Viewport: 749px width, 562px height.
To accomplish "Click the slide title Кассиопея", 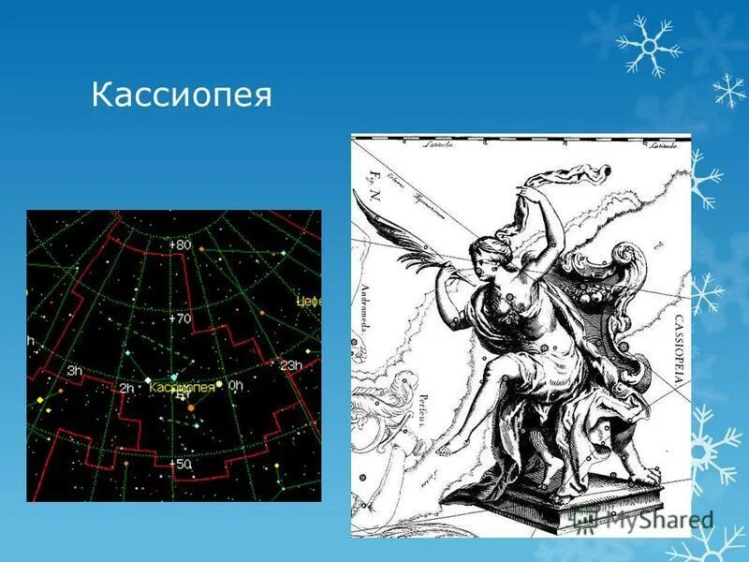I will click(182, 96).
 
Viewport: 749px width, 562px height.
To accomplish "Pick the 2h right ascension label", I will click(125, 387).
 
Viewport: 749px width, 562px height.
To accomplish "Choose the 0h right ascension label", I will click(234, 385).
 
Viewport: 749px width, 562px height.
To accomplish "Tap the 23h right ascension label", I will click(291, 365).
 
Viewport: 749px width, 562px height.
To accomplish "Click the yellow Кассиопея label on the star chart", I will click(182, 386).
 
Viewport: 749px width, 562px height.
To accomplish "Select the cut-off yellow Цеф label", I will click(308, 302).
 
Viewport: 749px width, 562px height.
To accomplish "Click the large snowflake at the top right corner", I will click(649, 44).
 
